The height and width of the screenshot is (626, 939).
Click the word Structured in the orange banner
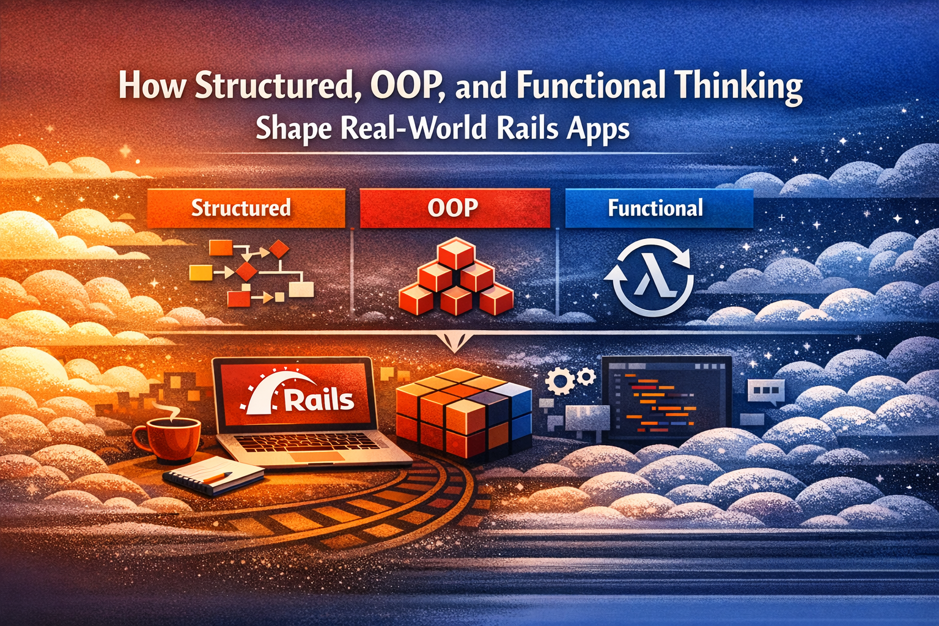click(x=241, y=208)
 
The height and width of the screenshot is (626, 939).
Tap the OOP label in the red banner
click(x=453, y=208)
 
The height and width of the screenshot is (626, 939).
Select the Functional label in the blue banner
click(x=655, y=208)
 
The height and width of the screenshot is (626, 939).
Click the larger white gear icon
click(x=559, y=381)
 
